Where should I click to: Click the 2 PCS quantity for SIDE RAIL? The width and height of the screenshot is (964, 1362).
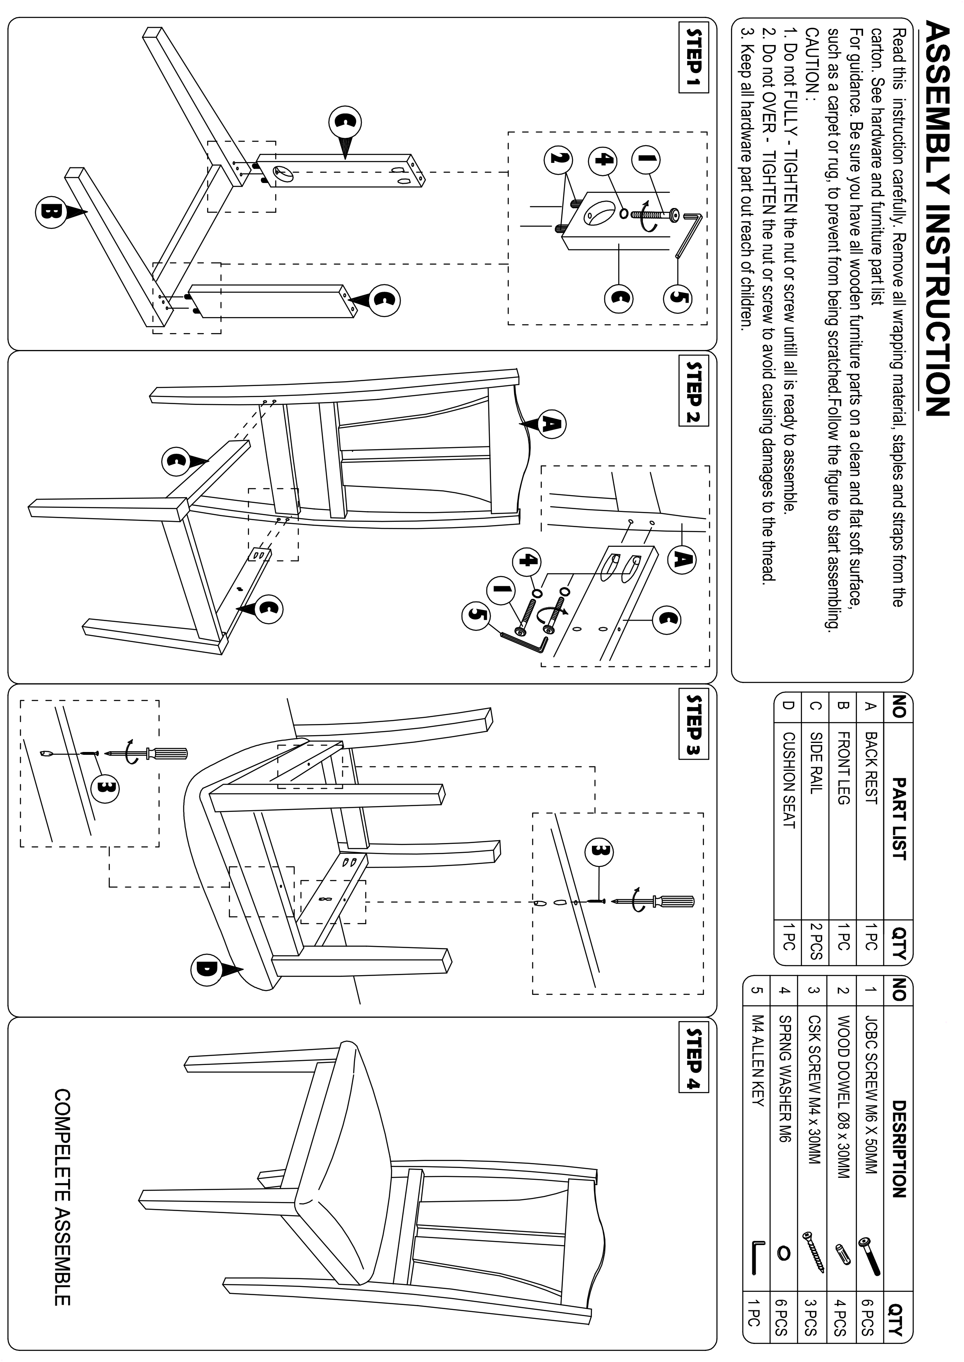(x=815, y=941)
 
